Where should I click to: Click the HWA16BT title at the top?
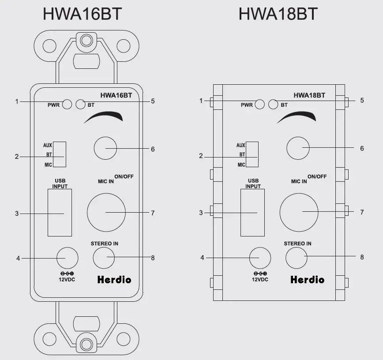coord(82,14)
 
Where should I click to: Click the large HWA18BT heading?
coord(278,14)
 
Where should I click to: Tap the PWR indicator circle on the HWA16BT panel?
coord(67,105)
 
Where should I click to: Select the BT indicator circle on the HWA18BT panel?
coord(274,105)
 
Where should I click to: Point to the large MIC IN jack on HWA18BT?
coord(299,212)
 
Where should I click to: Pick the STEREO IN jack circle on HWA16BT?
coord(104,257)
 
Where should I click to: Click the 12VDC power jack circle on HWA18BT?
coord(260,257)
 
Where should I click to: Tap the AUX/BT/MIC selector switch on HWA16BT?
coord(60,155)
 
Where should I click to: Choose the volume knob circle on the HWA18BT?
coord(298,148)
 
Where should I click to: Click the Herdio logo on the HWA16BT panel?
coord(114,279)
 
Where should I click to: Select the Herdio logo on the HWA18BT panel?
coord(307,279)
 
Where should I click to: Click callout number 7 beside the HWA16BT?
coord(153,213)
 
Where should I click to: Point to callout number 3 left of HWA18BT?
coord(201,213)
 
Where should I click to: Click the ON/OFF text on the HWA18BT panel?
coord(317,176)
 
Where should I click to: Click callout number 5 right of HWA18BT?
coord(362,101)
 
